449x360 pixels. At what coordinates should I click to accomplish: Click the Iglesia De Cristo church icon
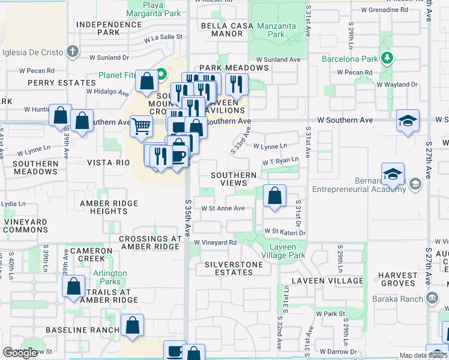[73, 51]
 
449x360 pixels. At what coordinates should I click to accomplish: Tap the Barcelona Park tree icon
[388, 58]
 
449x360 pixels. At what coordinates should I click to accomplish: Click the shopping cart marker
[141, 127]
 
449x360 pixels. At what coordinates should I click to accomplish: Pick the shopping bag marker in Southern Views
[274, 196]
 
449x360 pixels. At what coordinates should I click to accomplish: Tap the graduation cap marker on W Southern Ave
[408, 121]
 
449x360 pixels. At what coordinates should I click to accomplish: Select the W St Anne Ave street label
[223, 208]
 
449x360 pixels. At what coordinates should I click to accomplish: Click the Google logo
[20, 353]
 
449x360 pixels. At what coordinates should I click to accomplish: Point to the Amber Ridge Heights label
[109, 207]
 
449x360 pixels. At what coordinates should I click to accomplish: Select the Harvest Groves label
[397, 280]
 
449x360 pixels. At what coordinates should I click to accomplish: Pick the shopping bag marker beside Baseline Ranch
[133, 325]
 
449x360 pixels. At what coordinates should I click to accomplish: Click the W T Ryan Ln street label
[280, 161]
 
